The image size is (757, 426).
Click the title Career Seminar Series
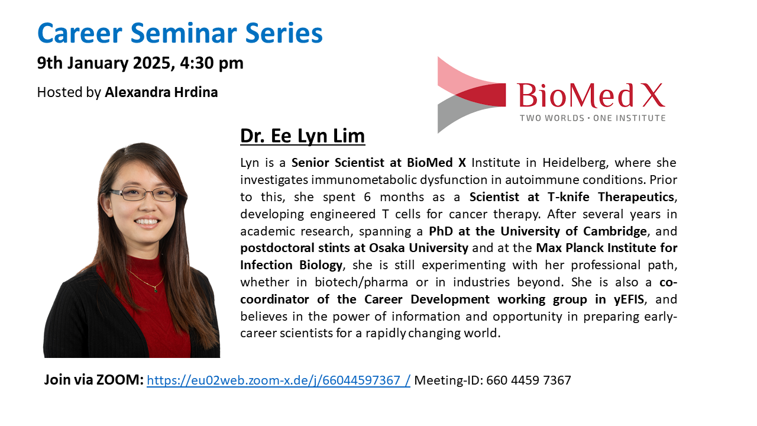click(x=180, y=33)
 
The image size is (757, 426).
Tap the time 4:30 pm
click(x=212, y=63)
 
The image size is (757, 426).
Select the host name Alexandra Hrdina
click(x=161, y=92)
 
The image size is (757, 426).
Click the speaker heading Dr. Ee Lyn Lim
click(x=302, y=136)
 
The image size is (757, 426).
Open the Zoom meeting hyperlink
click(x=279, y=380)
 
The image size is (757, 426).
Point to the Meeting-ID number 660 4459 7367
click(x=529, y=380)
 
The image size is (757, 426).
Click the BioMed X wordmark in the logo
click(x=591, y=96)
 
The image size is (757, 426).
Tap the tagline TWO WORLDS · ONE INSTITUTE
click(x=593, y=118)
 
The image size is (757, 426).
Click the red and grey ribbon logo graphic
click(x=471, y=95)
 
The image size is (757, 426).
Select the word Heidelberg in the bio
click(x=575, y=163)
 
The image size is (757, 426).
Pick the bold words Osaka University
click(x=418, y=248)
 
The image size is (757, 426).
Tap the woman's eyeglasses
click(x=143, y=194)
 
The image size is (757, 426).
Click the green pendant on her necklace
click(x=156, y=289)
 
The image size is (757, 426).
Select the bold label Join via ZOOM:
click(x=94, y=380)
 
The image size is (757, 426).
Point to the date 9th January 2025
click(x=106, y=63)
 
